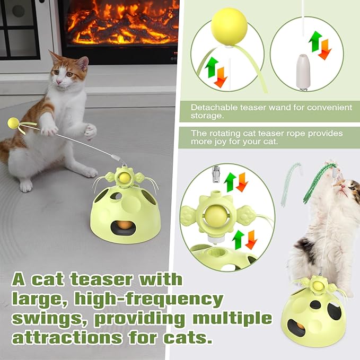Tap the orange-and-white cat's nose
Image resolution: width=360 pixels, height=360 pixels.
[x=60, y=84]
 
